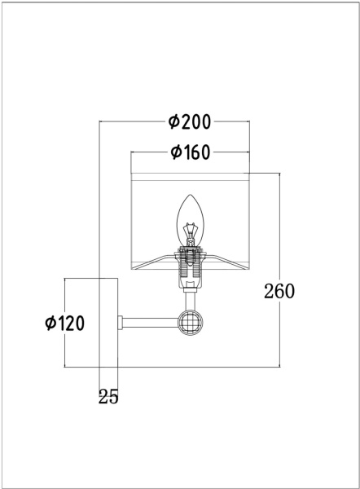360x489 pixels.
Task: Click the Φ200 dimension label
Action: [189, 122]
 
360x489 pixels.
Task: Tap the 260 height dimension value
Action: [279, 290]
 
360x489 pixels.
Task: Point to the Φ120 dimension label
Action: [65, 323]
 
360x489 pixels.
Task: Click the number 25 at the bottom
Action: [108, 397]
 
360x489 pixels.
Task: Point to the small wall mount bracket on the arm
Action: [121, 323]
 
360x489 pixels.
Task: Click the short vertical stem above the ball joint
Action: [190, 300]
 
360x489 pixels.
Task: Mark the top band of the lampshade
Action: [190, 173]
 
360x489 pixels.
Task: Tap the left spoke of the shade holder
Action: [160, 260]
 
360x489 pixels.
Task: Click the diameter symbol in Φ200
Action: [173, 122]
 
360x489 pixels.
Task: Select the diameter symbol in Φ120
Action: [50, 323]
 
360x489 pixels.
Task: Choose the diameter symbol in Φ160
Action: [175, 152]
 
